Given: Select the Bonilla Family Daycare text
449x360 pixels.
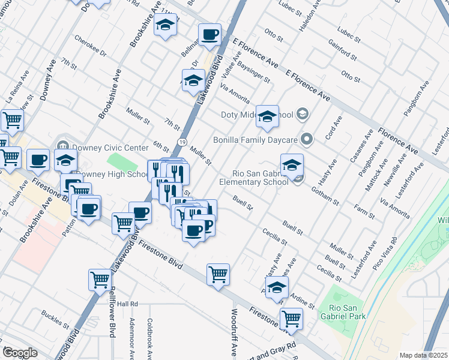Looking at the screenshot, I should [x=256, y=140].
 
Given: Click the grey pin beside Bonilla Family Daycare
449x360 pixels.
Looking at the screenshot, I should [x=307, y=140].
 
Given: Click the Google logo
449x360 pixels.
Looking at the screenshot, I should [x=20, y=353].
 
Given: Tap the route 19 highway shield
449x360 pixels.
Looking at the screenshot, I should [x=181, y=140].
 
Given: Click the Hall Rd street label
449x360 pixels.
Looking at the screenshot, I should [x=127, y=304].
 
